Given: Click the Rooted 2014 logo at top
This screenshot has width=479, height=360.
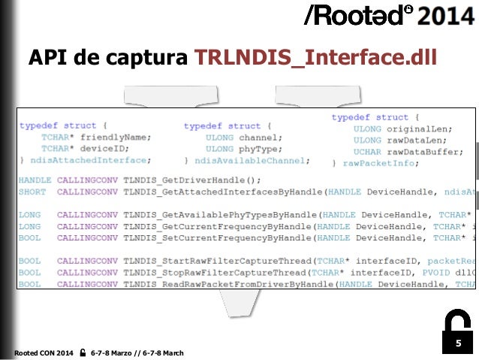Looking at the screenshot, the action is point(387,17).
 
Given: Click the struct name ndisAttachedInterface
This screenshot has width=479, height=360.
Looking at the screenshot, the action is point(91,161).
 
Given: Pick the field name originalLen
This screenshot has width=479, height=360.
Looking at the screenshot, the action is point(414,129).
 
